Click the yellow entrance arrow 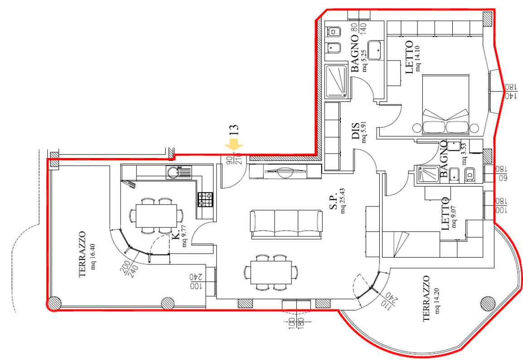(234, 145)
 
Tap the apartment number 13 (234, 130)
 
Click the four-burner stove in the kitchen (205, 199)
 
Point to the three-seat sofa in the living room (286, 224)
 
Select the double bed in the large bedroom (446, 104)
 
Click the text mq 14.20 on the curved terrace (437, 301)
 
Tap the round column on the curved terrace (488, 303)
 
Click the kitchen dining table (156, 216)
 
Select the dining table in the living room (271, 272)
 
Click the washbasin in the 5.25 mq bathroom (376, 50)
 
